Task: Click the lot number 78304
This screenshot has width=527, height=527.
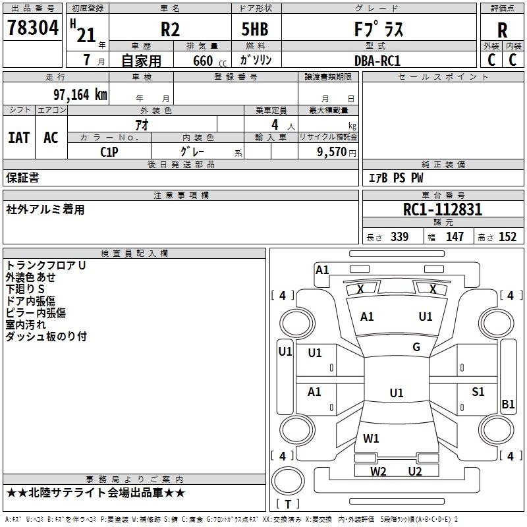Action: (32, 28)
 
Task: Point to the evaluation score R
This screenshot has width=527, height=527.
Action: (502, 30)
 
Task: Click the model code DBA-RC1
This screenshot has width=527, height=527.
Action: (377, 61)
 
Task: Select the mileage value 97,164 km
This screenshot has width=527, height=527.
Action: (80, 94)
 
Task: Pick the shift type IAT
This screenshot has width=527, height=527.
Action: (18, 138)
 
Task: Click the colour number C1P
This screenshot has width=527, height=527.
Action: (109, 152)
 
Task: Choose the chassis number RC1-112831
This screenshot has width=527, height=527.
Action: (443, 209)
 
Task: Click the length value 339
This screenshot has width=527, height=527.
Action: (399, 237)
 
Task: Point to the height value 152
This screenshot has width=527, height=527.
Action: (507, 237)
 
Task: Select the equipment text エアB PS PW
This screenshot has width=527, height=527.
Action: (395, 178)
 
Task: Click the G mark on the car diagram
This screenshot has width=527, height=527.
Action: (416, 347)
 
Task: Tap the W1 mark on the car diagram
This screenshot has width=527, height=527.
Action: (372, 438)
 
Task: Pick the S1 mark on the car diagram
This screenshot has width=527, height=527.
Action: (478, 392)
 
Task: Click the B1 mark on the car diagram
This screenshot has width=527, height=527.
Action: (508, 404)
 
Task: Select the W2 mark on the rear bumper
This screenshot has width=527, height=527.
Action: (378, 471)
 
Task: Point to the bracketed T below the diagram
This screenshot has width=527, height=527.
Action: (288, 504)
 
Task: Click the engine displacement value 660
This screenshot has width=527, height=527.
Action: (202, 61)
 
